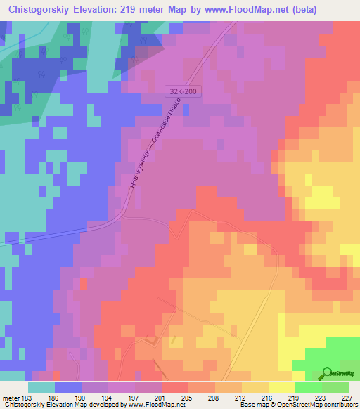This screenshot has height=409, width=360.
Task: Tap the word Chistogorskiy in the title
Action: (43, 10)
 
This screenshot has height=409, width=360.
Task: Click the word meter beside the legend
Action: (11, 397)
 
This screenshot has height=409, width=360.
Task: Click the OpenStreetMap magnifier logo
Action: (328, 372)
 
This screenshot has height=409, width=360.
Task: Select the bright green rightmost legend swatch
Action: (335, 387)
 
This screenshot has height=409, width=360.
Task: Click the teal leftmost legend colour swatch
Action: (41, 387)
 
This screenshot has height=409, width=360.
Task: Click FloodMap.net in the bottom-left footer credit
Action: (143, 405)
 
